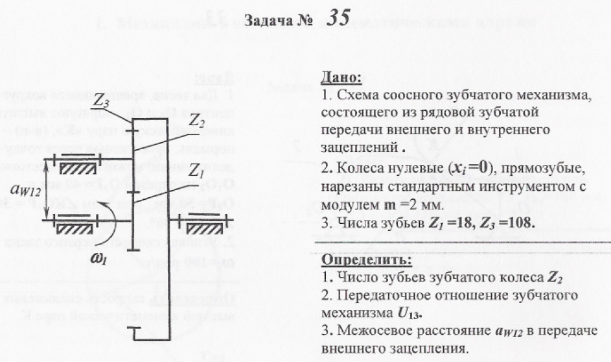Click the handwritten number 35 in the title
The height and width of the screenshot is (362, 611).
(x=338, y=18)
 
